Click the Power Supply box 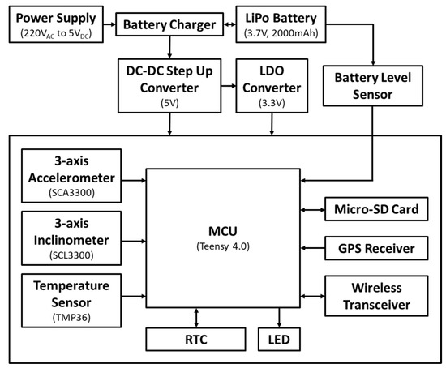[54, 24]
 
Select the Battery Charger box [169, 25]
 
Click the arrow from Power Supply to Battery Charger [109, 25]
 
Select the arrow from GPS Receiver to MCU [312, 247]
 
